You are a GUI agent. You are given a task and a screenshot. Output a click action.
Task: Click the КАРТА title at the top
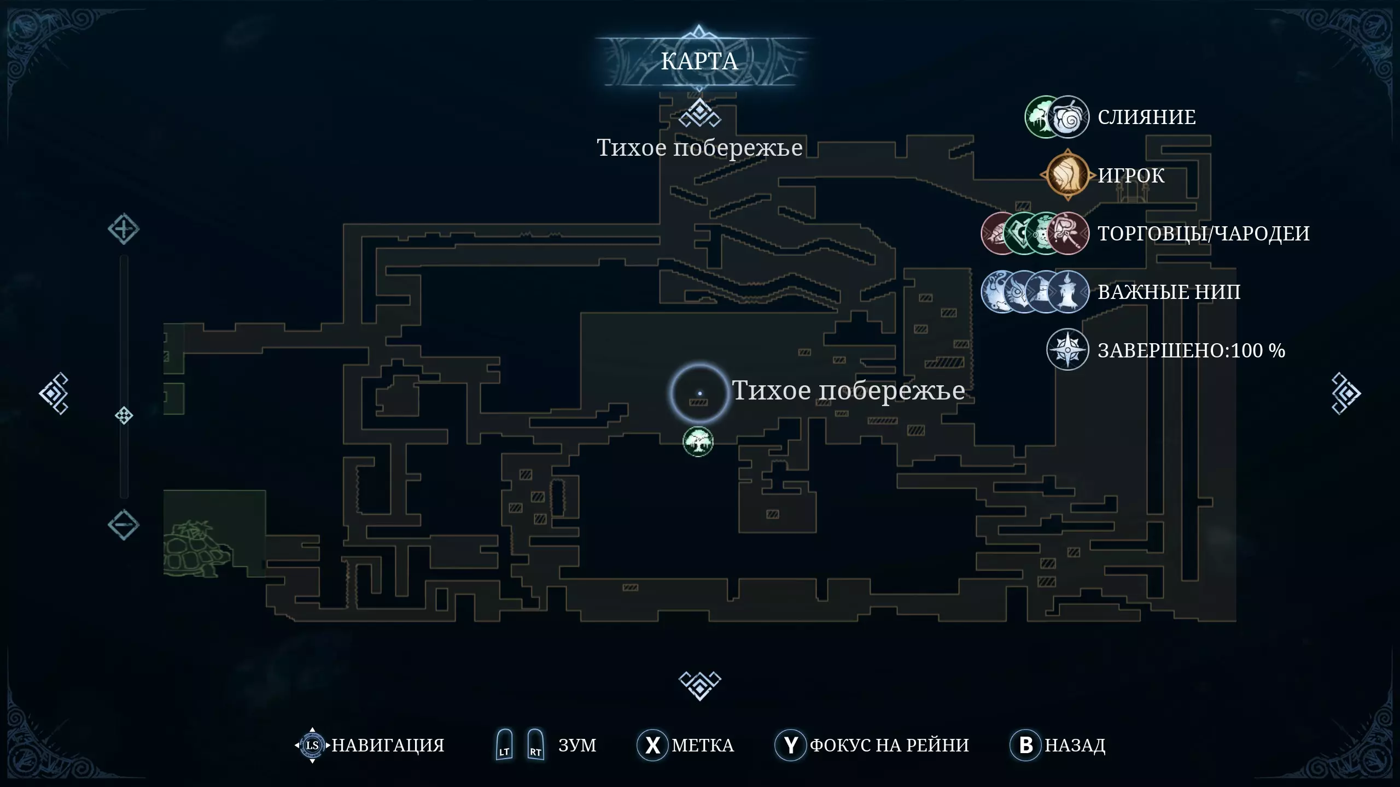(699, 61)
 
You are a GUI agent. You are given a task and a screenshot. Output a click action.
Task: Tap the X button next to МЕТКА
(653, 745)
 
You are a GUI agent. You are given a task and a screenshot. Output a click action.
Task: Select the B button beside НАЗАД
(1026, 745)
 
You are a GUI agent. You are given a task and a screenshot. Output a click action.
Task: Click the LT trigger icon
(504, 744)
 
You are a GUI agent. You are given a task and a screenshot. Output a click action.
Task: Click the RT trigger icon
(535, 744)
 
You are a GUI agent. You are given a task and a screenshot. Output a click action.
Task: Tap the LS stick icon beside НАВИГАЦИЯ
(312, 745)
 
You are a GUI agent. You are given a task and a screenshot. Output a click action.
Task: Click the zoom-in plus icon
(123, 229)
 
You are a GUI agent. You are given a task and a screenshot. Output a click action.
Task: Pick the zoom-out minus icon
(123, 525)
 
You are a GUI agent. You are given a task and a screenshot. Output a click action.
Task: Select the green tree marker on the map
(698, 442)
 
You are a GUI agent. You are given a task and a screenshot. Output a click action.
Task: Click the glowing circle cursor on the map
(699, 393)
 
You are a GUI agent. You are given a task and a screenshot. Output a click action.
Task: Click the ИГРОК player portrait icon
(1067, 175)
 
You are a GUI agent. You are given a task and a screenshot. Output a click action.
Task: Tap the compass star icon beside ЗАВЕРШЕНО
(1067, 350)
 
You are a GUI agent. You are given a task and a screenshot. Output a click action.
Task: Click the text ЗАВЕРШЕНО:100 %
(1192, 350)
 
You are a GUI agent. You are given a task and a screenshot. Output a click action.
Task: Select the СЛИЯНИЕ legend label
(1147, 117)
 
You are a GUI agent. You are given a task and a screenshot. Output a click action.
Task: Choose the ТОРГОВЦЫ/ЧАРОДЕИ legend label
(1204, 233)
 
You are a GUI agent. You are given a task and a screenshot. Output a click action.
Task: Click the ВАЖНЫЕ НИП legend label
(1169, 292)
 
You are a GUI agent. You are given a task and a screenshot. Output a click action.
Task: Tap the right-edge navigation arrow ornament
(1346, 393)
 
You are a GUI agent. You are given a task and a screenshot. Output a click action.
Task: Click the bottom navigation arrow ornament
(700, 685)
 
